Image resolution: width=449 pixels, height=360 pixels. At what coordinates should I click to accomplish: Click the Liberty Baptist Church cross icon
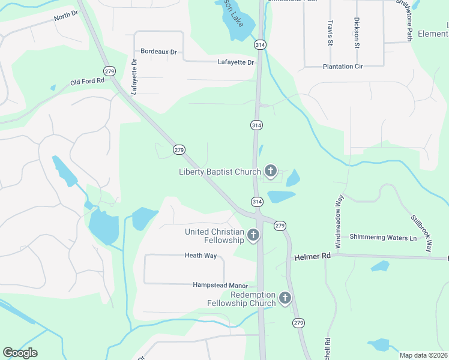[x=271, y=172]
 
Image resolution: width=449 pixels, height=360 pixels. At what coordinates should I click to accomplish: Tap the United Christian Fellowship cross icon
[x=253, y=236]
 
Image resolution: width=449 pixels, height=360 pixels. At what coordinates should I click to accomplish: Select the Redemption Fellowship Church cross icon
[x=285, y=298]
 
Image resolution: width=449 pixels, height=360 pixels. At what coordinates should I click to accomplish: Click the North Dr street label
[x=65, y=16]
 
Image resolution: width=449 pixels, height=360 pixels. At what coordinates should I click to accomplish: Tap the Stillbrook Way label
[x=421, y=233]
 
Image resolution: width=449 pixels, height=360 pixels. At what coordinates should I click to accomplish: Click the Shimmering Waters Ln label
[x=383, y=238]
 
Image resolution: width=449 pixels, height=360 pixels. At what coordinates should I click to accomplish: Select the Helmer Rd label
[x=313, y=256]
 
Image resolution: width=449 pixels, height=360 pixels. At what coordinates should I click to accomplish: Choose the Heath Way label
[x=200, y=256]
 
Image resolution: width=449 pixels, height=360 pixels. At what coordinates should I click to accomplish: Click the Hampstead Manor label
[x=220, y=285]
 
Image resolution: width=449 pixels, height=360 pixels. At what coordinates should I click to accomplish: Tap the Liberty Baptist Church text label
[x=220, y=172]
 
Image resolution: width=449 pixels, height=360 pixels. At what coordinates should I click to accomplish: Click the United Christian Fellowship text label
[x=214, y=236]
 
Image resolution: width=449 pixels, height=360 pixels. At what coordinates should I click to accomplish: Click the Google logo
[x=20, y=353]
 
